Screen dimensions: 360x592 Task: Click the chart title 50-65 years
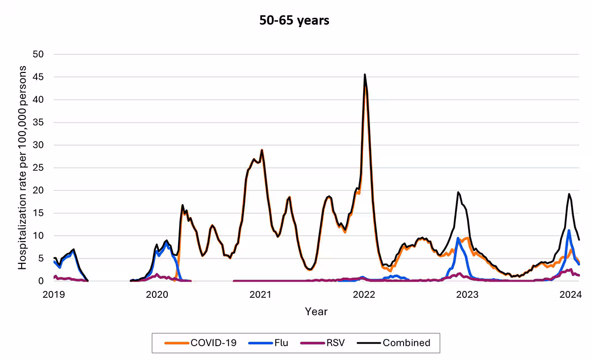(295, 21)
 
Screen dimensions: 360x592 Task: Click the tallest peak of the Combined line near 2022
(365, 75)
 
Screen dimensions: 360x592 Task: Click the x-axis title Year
(316, 312)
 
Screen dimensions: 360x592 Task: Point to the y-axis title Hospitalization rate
(23, 168)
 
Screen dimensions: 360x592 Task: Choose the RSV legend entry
(328, 343)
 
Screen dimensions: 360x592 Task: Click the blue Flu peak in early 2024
(569, 231)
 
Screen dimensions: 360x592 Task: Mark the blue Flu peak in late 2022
(458, 238)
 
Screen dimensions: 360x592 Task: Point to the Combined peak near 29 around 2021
(262, 150)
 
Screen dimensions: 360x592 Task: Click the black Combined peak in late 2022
(458, 192)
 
